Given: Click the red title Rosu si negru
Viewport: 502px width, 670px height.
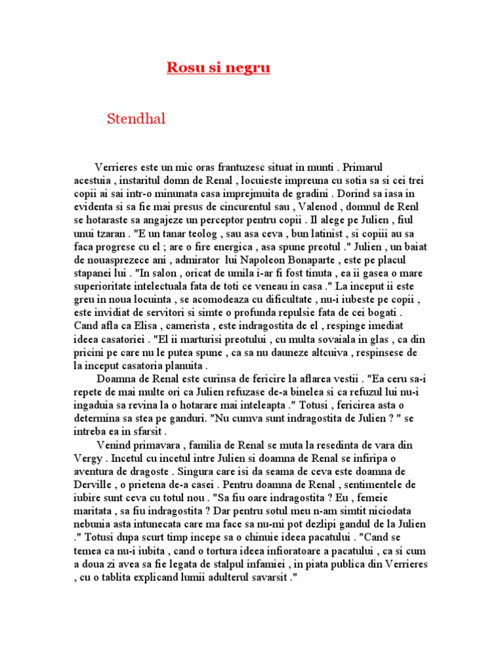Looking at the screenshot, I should [x=218, y=68].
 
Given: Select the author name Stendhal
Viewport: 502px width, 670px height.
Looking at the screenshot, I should [x=136, y=119].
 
